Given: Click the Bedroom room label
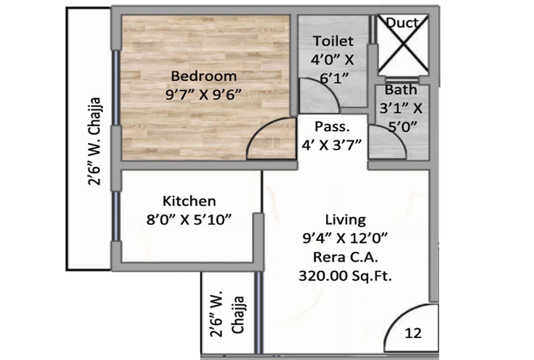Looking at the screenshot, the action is tap(204, 76).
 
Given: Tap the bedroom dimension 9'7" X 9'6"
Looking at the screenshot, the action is tap(204, 95).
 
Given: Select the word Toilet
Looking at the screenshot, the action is tap(333, 41).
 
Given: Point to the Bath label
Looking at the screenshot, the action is tap(401, 90).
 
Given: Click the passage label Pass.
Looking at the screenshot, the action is tap(332, 127).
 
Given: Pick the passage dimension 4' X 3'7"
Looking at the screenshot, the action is tap(332, 145).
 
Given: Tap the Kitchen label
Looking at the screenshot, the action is tap(189, 201).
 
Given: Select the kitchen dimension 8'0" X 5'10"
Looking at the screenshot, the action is tap(189, 220).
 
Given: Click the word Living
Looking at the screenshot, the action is tap(346, 220).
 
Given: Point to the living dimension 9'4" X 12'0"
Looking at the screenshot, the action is tap(345, 238).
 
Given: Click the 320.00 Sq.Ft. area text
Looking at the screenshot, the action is tap(345, 276).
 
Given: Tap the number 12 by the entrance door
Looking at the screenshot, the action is tap(413, 333).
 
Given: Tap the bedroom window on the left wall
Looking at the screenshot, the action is tap(116, 88).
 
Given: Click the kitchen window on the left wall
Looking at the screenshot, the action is tap(116, 216).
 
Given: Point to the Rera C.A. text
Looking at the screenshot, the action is tap(346, 258).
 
